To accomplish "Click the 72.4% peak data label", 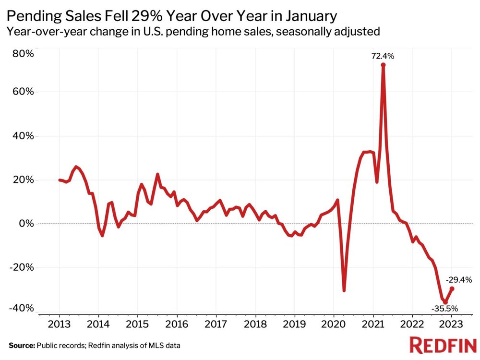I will tap(383, 56).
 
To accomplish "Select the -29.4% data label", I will tap(459, 279).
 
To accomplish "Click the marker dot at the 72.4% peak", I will tap(383, 65).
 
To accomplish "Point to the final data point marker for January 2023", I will tap(452, 288).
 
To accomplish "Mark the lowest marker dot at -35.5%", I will tap(445, 302).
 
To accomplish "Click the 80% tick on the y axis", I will tap(23, 53).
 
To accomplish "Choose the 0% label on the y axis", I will tap(26, 224).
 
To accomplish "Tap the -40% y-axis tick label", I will tap(22, 308).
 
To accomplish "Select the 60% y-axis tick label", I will tap(23, 92).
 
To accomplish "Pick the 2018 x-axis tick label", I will tap(255, 323).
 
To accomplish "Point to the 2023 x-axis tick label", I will tap(452, 323).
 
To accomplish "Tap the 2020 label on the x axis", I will tap(334, 323).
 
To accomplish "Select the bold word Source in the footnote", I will tap(22, 345).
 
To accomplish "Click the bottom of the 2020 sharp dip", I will tap(344, 290).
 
